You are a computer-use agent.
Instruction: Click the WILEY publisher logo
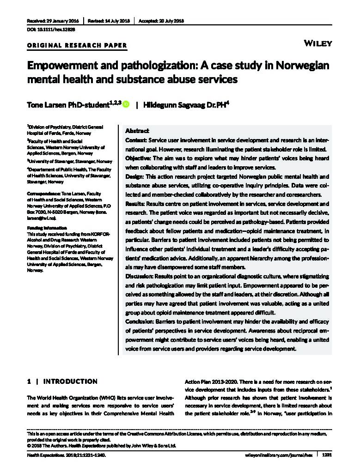coord(318,43)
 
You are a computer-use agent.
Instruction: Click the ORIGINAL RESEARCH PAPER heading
coord(77,45)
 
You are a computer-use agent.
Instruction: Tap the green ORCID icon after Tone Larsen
coord(126,105)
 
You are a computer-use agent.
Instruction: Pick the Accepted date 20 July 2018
coord(161,21)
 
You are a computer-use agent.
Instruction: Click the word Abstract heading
coord(137,131)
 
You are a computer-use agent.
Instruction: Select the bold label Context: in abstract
coord(136,139)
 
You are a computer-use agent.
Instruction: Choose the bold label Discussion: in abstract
coord(140,276)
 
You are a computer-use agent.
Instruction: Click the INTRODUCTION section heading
coord(70,382)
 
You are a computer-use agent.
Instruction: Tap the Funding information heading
coord(47,228)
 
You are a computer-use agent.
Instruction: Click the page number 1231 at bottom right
coord(327,455)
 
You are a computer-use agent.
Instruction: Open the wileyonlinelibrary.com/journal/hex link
coord(278,455)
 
